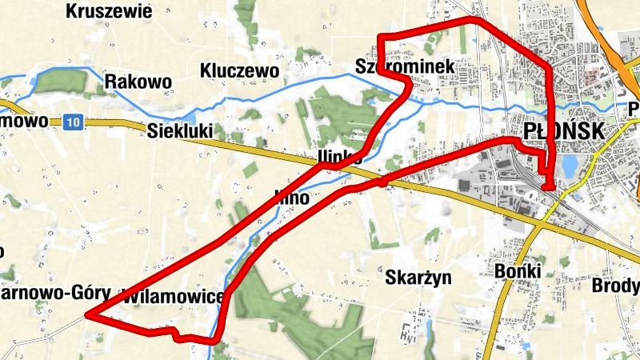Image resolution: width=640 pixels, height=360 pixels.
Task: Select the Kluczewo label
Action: (240, 71)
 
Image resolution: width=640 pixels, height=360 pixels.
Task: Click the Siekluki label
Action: (181, 130)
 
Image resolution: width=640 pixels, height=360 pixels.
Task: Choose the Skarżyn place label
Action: (418, 278)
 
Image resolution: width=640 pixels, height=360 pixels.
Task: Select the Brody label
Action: (617, 286)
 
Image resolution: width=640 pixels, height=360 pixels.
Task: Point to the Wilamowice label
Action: (173, 297)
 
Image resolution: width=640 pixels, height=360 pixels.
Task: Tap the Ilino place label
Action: (291, 195)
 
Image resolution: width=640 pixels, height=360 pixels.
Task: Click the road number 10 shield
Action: (74, 122)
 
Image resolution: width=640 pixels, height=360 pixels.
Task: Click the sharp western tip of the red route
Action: (88, 315)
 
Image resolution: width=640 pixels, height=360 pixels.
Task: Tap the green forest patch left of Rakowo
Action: (60, 81)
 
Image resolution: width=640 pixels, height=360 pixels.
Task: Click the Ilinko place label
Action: (339, 157)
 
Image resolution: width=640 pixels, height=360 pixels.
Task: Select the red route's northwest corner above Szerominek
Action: (381, 38)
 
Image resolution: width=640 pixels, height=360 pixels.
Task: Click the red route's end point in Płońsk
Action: (548, 187)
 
